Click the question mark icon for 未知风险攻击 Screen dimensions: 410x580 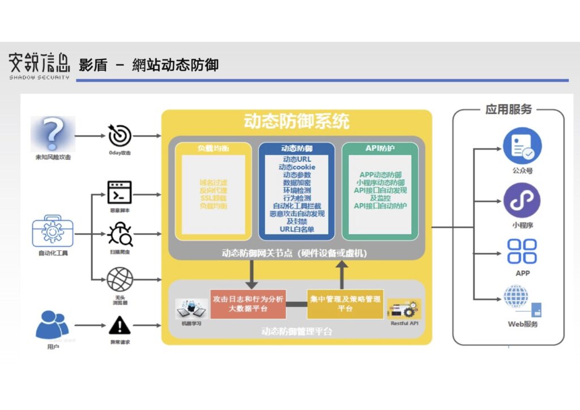tap(53, 134)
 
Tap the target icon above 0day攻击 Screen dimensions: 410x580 tap(120, 136)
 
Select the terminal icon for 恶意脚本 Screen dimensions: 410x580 tap(120, 193)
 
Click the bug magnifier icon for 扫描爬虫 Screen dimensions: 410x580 tap(120, 233)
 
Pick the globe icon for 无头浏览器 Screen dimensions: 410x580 tap(120, 279)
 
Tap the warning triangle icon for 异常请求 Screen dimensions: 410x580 tap(120, 325)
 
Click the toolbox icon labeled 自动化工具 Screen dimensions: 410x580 tap(53, 232)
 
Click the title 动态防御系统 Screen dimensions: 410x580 tap(296, 121)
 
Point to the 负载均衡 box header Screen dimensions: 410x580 tap(213, 148)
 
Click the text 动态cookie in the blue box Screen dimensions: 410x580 tap(297, 167)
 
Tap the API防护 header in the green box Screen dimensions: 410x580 tap(380, 148)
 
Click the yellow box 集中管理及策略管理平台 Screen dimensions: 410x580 tap(345, 304)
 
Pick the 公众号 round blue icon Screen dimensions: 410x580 tap(522, 146)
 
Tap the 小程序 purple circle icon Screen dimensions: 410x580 tap(522, 200)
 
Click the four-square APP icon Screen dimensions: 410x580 tap(522, 251)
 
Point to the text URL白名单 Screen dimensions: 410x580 tap(297, 229)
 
